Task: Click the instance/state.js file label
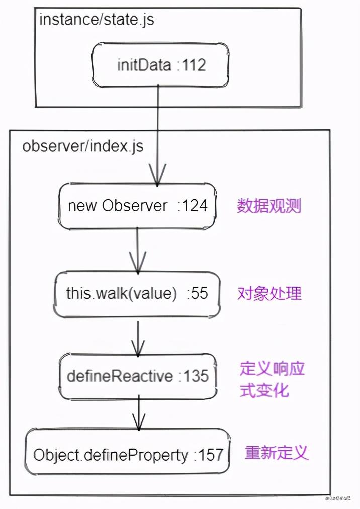pyautogui.click(x=97, y=20)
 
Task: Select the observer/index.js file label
pyautogui.click(x=83, y=146)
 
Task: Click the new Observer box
pyautogui.click(x=137, y=205)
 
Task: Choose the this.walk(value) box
pyautogui.click(x=137, y=294)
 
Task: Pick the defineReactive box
pyautogui.click(x=137, y=376)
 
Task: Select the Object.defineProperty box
pyautogui.click(x=128, y=455)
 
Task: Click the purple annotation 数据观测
pyautogui.click(x=269, y=206)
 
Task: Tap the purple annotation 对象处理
pyautogui.click(x=269, y=294)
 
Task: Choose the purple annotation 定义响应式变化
pyautogui.click(x=272, y=380)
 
